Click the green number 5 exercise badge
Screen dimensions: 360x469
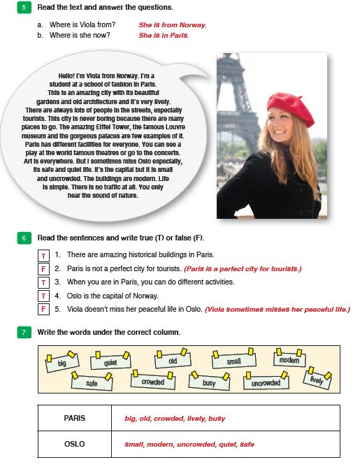24,7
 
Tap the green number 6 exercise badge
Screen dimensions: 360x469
24,238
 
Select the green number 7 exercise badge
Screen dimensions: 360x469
24,332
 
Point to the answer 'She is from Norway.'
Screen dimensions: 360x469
173,25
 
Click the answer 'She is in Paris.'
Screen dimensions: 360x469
164,35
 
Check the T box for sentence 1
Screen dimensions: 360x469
43,256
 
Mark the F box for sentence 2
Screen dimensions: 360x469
43,269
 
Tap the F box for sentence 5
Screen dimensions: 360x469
43,309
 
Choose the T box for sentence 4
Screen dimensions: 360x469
43,296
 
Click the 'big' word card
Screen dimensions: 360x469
62,362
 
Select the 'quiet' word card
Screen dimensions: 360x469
110,361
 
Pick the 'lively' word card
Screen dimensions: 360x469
317,378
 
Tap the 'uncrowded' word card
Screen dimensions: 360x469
266,382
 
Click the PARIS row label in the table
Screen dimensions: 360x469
75,418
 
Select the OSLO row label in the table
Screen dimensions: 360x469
75,444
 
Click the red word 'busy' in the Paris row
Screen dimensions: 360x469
217,419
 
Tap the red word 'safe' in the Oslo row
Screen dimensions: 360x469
247,444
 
